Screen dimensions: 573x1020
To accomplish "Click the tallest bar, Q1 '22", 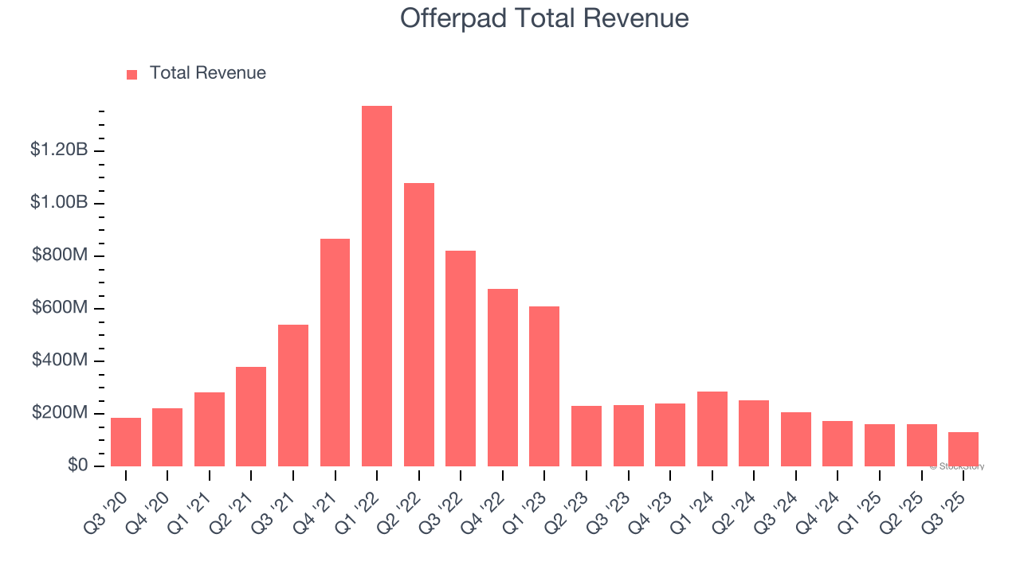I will tap(377, 286).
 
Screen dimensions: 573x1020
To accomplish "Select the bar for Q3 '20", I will tap(126, 442).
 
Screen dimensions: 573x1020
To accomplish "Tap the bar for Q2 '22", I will tap(419, 325).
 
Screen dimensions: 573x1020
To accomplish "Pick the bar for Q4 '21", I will tap(335, 353).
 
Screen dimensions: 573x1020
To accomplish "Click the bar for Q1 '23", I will tap(544, 386).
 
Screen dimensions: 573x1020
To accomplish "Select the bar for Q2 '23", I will tap(586, 436).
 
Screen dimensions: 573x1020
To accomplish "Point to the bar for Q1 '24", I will tap(712, 429).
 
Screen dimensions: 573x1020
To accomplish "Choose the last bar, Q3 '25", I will tap(963, 449).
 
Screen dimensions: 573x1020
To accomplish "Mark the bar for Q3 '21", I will tap(293, 396).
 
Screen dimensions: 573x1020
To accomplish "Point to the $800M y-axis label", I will tap(60, 255).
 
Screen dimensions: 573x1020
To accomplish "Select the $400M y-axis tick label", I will tap(60, 361).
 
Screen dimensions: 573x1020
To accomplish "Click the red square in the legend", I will tap(132, 74).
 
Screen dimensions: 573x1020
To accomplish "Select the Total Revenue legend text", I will tap(207, 73).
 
